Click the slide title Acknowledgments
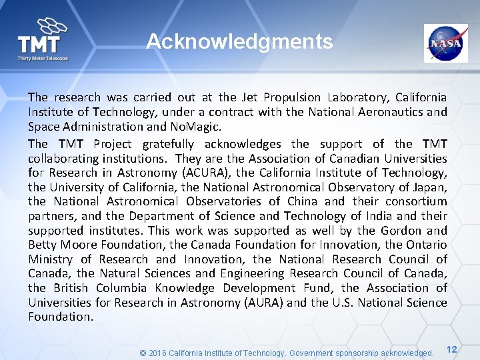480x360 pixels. (x=239, y=42)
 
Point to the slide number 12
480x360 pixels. (x=451, y=349)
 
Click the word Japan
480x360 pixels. (x=429, y=187)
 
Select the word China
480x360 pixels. (x=306, y=201)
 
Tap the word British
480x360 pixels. (x=65, y=288)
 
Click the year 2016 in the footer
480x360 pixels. (x=159, y=353)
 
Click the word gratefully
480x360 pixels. (x=165, y=144)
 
